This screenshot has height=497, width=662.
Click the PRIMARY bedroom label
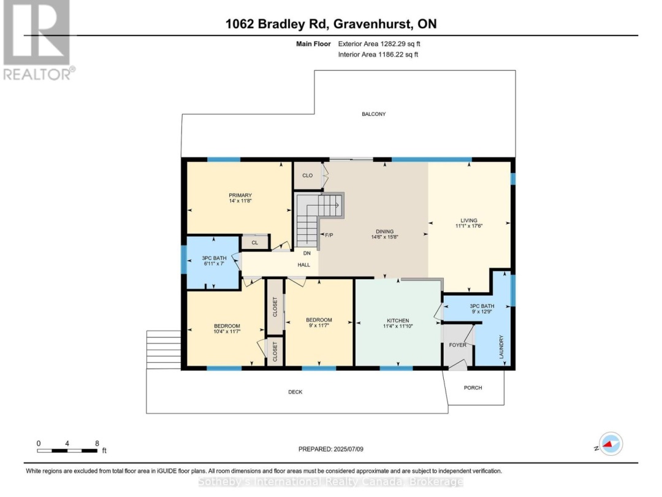point(240,195)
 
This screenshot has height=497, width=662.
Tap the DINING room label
point(384,231)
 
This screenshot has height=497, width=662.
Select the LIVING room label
point(469,221)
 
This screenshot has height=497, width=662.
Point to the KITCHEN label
point(398,321)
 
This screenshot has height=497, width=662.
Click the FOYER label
point(458,345)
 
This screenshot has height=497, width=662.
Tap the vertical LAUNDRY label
point(501,347)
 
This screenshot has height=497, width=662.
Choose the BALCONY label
point(374,114)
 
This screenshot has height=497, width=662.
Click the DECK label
point(295,392)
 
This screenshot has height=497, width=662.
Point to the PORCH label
point(473,388)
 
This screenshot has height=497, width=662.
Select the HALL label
point(303,265)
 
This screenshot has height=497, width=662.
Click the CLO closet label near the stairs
point(307,175)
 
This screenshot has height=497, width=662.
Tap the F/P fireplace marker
point(329,235)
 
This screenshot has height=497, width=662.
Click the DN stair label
point(307,253)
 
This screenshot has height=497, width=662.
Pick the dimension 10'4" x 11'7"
point(227,332)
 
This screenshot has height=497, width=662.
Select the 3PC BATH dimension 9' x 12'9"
point(482,312)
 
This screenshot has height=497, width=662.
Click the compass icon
point(611,444)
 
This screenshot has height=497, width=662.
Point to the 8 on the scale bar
point(97,444)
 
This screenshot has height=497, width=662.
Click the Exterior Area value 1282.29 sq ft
point(400,44)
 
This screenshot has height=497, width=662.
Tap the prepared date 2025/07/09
point(348,449)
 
